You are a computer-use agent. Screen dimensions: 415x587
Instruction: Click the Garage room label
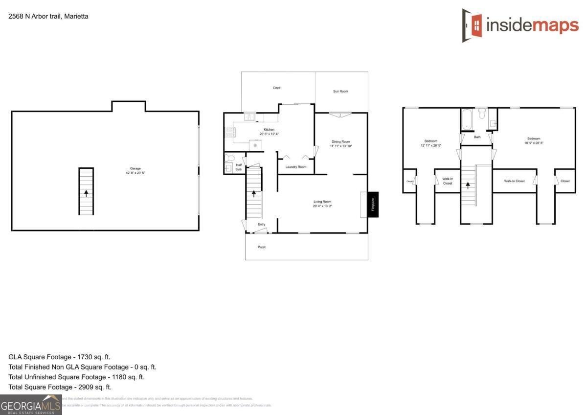tap(135, 168)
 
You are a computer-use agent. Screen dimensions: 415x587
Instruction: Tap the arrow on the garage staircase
tap(86, 193)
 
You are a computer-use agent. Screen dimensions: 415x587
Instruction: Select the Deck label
tap(277, 88)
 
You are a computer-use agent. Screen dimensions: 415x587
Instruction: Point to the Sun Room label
tap(340, 92)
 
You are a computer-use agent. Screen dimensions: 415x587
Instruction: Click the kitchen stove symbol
tap(229, 132)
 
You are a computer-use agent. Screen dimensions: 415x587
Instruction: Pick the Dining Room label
tap(340, 141)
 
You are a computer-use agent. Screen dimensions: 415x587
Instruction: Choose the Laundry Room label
tap(296, 167)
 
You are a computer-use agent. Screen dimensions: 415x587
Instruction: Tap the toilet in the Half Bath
tap(229, 158)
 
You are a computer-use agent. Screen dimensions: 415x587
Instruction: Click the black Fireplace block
tap(373, 204)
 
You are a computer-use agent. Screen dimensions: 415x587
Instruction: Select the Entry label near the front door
tap(262, 225)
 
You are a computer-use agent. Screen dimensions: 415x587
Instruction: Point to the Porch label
tap(262, 247)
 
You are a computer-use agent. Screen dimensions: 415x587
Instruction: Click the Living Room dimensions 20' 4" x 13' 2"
tap(322, 207)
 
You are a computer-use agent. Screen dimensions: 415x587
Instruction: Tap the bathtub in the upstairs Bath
tap(466, 119)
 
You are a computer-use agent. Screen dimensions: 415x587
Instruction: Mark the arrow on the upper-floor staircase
tap(468, 185)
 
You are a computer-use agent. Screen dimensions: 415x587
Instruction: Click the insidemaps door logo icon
tap(472, 25)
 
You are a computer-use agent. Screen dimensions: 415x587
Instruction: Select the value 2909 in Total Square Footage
tap(82, 387)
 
